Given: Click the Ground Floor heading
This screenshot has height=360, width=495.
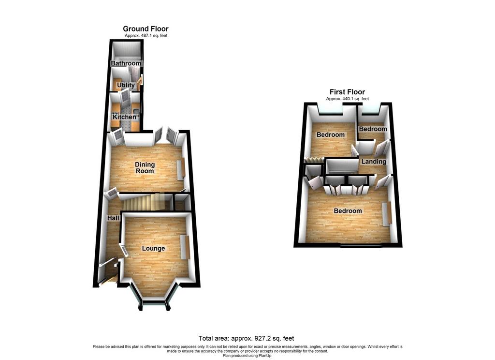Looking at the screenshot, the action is coord(146,29).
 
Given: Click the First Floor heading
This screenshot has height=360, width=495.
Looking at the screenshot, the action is coord(347,92).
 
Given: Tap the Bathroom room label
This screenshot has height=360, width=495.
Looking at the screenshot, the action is coord(126,63).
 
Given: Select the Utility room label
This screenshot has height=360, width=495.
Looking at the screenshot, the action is coord(126,85).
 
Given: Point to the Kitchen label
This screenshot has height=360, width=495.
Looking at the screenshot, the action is coord(124,117).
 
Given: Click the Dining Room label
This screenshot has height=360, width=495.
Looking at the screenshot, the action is coord(145,167).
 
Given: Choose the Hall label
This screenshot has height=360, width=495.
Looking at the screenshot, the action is coord(113,218).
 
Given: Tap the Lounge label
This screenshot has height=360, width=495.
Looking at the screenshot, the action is coord(153,248).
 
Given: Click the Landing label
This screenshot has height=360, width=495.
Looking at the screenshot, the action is coord(374,162).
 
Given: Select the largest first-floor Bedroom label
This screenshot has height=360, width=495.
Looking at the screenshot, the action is coord(348,211).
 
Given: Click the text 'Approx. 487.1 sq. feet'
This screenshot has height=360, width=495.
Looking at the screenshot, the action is coord(146,36).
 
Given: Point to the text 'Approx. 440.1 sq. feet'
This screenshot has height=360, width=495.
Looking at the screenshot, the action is coord(347,99).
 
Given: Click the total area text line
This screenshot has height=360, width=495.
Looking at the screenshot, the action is coord(246,339).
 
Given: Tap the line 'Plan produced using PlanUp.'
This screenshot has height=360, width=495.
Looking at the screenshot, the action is coord(247,356).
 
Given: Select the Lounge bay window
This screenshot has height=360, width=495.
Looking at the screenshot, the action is coord(153,297).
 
